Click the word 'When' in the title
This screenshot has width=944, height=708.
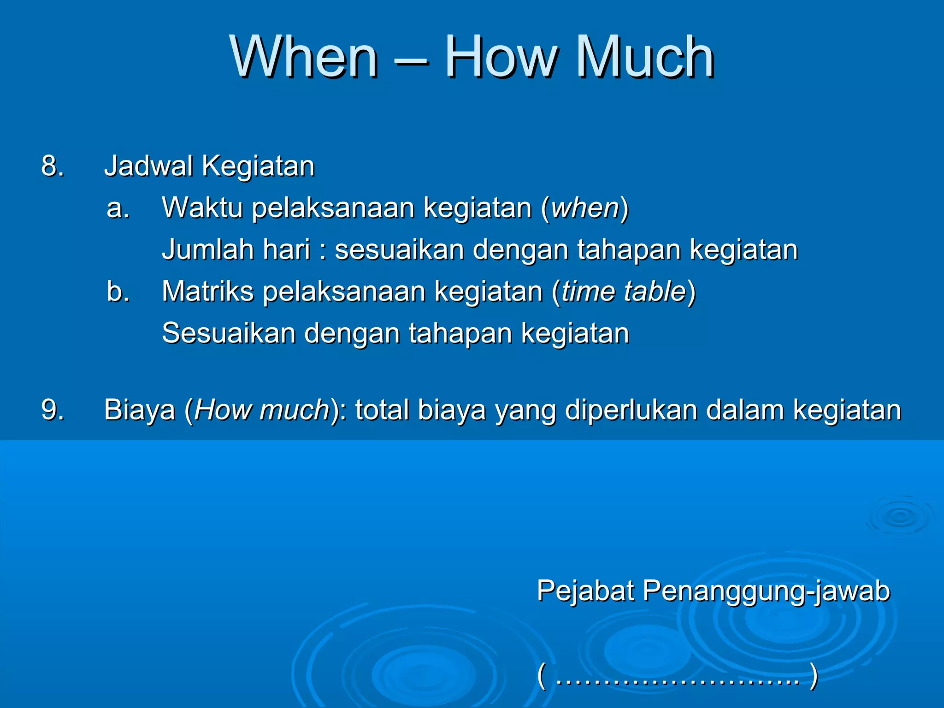(x=304, y=57)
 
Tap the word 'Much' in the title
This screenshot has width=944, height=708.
(x=645, y=57)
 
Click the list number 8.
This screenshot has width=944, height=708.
(x=52, y=166)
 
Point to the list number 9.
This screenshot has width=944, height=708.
(x=52, y=410)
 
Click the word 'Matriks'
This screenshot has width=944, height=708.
(x=208, y=292)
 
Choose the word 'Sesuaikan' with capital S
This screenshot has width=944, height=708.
(x=229, y=333)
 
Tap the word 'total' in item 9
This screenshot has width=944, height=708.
(x=382, y=410)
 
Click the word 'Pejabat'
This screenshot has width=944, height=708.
(x=585, y=591)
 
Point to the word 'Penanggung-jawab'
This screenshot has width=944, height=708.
(x=766, y=591)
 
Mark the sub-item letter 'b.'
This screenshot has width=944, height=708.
(x=118, y=292)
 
